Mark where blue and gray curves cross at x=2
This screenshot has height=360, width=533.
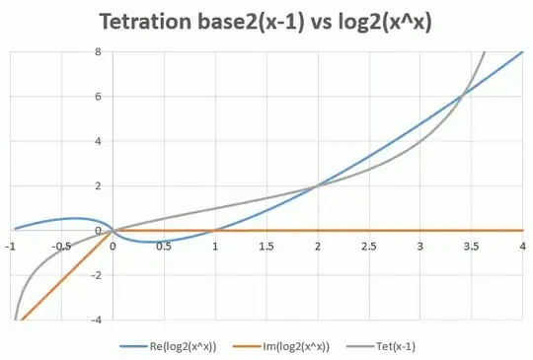point(318,185)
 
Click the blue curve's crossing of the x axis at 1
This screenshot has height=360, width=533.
point(215,230)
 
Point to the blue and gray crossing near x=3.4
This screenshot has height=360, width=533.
point(461,95)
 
